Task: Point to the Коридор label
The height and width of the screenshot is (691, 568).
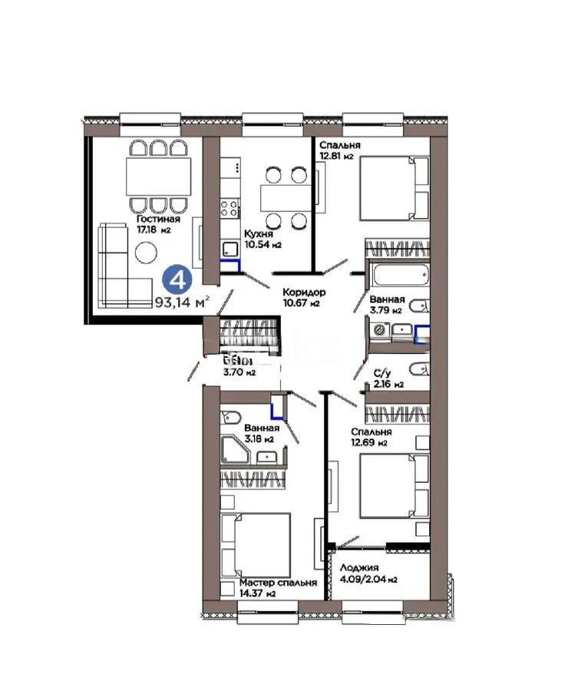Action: pos(304,292)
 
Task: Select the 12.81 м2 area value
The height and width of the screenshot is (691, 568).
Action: pos(337,157)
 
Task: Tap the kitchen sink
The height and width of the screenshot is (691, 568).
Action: pos(230,248)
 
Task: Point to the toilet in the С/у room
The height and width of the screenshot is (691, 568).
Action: pos(421,367)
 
